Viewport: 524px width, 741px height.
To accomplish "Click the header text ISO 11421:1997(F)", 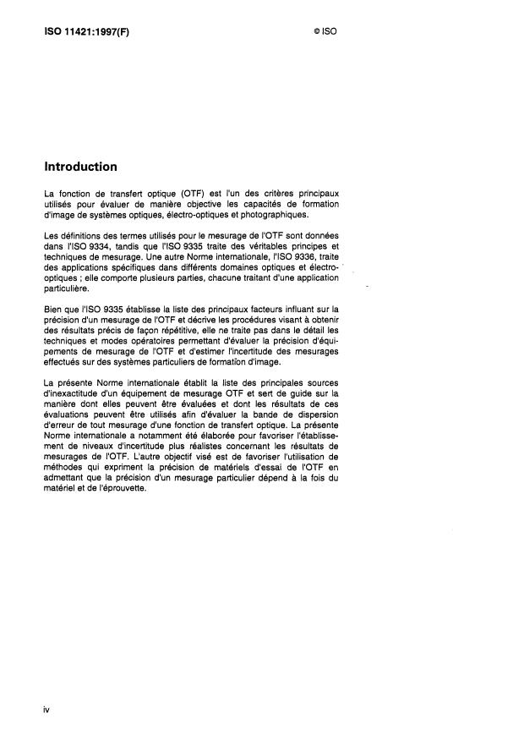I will click(87, 32).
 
